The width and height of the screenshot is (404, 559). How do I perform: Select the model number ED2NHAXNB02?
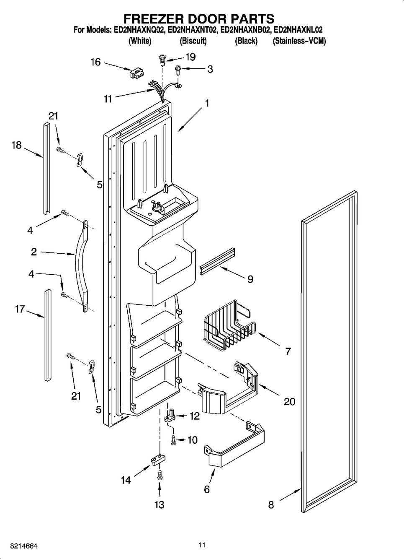click(x=245, y=30)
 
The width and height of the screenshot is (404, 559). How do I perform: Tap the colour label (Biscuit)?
click(x=193, y=41)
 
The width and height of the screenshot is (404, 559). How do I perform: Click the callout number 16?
click(x=95, y=62)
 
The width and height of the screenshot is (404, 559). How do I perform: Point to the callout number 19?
click(x=190, y=57)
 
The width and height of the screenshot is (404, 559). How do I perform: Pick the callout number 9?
click(x=250, y=279)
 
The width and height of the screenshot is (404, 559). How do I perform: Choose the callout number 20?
click(x=289, y=401)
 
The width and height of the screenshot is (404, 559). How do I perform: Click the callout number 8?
click(x=271, y=505)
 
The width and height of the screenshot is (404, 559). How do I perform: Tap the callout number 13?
click(x=160, y=504)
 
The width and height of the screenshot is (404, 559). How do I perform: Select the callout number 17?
click(x=20, y=309)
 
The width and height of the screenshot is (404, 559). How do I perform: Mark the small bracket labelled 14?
click(x=156, y=459)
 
